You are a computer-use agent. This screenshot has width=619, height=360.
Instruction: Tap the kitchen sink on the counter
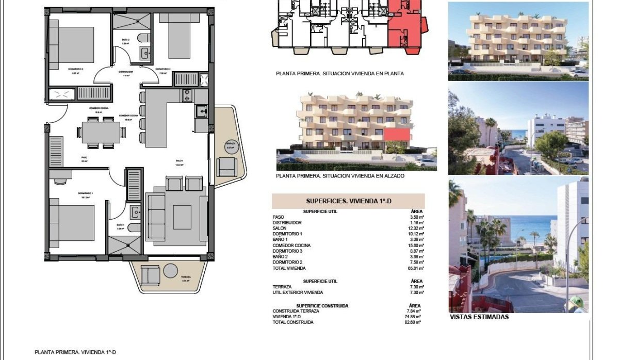202,111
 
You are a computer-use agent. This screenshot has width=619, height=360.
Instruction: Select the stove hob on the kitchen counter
186,95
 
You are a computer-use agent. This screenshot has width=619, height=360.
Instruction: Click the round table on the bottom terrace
170,271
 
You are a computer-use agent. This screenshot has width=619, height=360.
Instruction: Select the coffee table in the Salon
182,217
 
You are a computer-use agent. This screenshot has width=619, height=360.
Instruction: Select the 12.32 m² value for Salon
416,228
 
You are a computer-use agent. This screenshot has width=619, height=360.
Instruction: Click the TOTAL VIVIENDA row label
289,268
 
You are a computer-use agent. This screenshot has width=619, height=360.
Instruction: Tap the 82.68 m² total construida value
413,322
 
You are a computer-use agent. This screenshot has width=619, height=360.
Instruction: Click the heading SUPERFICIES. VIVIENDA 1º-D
348,201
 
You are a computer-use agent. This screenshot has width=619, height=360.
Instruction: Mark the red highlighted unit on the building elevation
397,136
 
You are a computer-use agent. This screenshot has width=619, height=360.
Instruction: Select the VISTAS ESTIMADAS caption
479,317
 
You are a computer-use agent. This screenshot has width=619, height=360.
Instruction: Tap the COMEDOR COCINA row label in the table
292,246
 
